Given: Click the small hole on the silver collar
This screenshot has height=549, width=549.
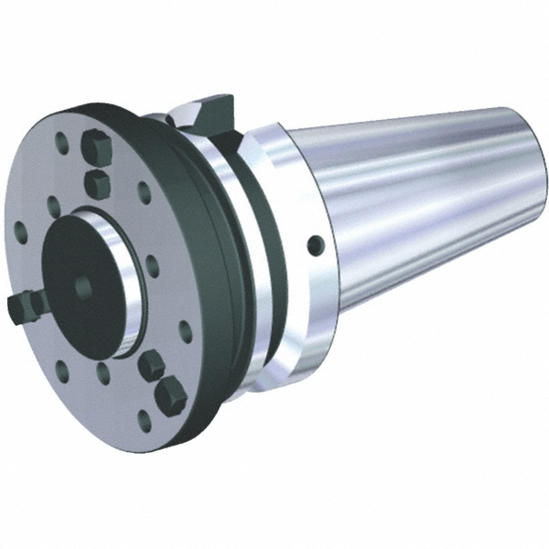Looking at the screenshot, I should point(315,244).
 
